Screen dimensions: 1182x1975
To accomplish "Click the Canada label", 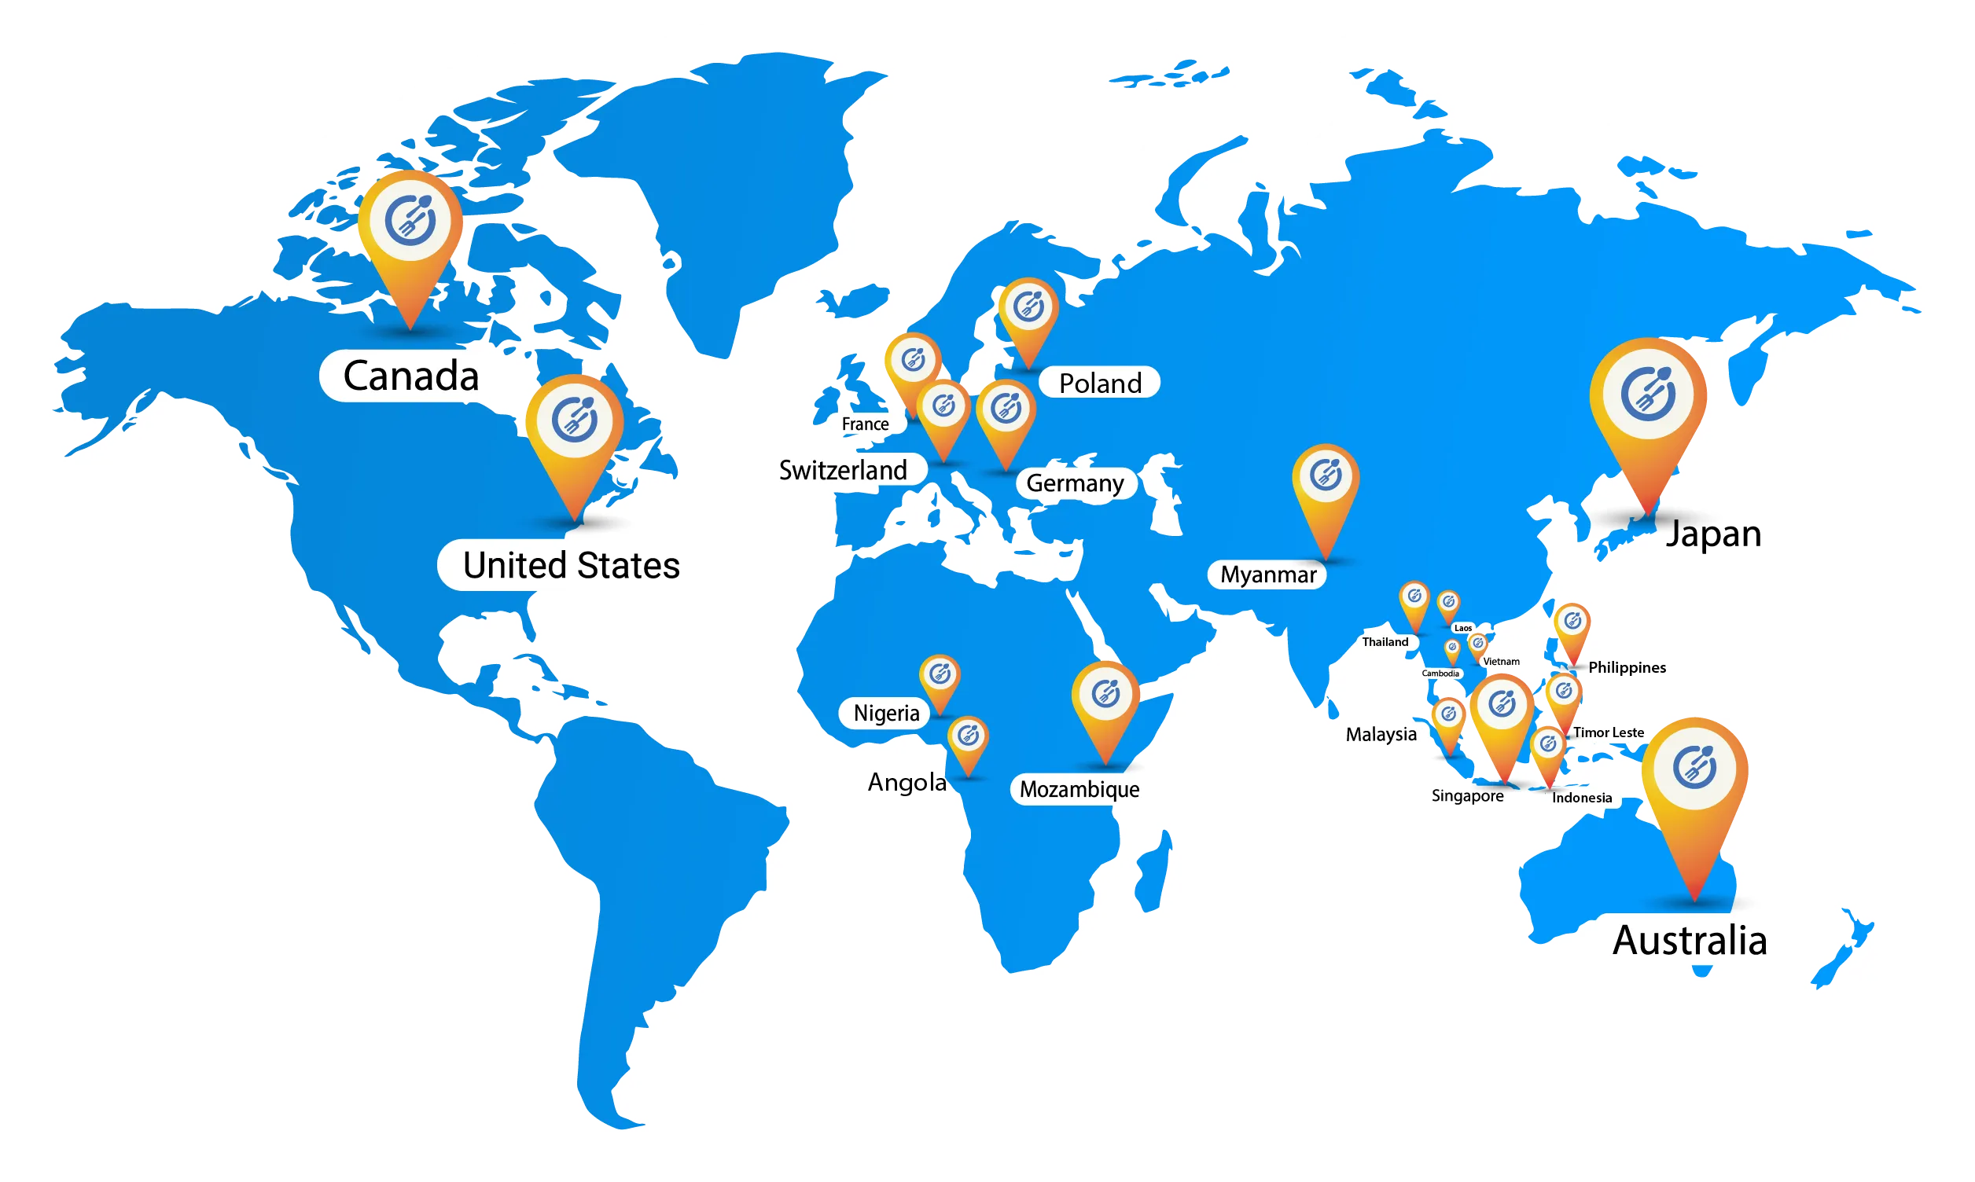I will [410, 376].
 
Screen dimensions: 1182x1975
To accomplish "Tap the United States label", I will [572, 566].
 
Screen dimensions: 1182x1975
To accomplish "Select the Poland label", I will [1099, 383].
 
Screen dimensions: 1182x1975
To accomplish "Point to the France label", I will [864, 424].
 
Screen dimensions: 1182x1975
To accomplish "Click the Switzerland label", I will [843, 470].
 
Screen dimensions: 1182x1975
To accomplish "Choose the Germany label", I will [1075, 483].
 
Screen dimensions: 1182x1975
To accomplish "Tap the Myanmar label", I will [1267, 574].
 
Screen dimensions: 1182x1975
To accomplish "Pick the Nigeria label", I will [886, 713].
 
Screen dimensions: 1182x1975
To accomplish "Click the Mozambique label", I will [1079, 789].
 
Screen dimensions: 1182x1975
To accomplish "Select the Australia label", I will [1689, 941].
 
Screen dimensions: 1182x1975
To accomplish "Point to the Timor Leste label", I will [1608, 732].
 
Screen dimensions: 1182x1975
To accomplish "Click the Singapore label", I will [1467, 795].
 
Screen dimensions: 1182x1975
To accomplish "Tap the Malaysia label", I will [1381, 734].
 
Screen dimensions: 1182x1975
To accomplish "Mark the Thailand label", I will [1385, 642].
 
